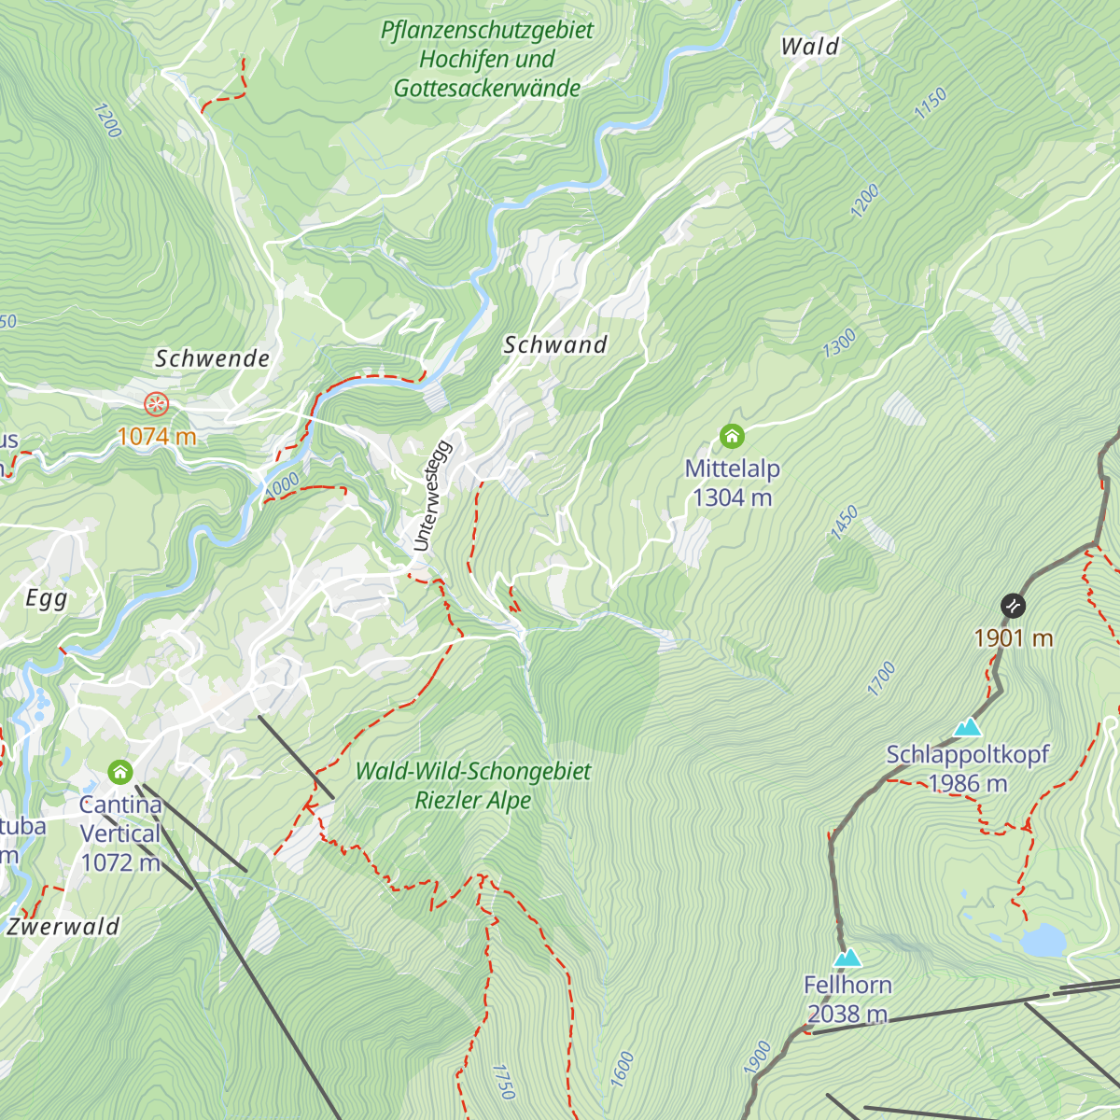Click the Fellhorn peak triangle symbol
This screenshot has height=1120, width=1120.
847,958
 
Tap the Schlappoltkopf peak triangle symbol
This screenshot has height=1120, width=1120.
968,727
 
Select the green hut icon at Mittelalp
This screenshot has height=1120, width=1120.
732,436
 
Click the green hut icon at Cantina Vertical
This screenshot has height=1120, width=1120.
119,772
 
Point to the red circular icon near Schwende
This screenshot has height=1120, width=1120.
156,404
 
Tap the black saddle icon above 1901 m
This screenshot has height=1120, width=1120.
1013,606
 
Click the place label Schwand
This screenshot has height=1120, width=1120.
555,344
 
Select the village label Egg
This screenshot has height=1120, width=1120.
46,598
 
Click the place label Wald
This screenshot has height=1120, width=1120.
809,47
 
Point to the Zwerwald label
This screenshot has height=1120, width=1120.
63,927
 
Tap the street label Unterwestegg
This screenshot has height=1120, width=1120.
432,496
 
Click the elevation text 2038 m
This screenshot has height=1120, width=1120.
847,1014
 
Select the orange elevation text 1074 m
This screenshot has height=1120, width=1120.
156,436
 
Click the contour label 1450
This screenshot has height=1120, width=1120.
845,524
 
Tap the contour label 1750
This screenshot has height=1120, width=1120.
503,1081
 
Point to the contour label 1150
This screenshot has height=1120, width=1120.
931,103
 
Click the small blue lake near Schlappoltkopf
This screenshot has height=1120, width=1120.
1042,941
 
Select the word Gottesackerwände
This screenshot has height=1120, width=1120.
487,89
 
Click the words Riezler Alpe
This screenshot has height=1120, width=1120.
473,801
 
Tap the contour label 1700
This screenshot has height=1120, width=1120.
881,679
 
